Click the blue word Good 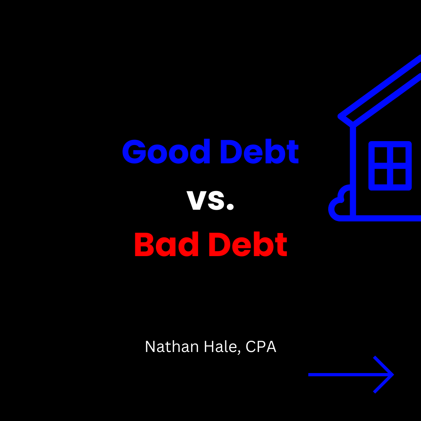tap(166, 152)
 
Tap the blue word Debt tap(259, 152)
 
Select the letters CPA tap(261, 347)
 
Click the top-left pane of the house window tap(380, 156)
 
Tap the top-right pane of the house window tap(400, 156)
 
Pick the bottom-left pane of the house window tap(380, 176)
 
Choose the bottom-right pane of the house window tap(400, 176)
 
